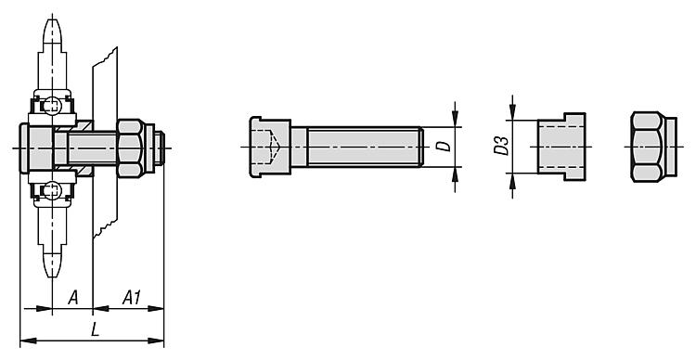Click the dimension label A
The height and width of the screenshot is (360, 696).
[73, 298]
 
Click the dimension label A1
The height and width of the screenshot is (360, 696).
[132, 298]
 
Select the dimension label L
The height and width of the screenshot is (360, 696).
[94, 329]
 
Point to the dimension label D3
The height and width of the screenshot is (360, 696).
[501, 146]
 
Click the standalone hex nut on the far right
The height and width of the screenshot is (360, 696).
[653, 147]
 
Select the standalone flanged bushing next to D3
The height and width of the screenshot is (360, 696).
[561, 147]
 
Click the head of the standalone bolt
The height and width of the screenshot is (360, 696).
[270, 147]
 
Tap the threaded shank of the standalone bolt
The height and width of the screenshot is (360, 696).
[365, 147]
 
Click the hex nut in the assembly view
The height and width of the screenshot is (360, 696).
[130, 148]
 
